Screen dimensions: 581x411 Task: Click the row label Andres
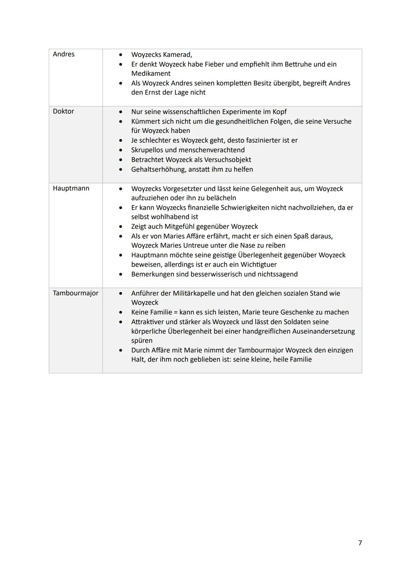click(64, 54)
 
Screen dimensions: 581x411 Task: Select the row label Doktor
click(63, 111)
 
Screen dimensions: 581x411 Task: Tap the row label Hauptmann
click(71, 188)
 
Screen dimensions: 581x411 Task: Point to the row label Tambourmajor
click(75, 293)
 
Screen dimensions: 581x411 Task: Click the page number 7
click(360, 543)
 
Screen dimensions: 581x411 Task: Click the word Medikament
click(151, 73)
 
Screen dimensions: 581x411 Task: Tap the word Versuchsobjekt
click(227, 160)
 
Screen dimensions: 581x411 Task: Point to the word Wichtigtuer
click(258, 264)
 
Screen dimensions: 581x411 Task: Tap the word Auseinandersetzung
click(323, 331)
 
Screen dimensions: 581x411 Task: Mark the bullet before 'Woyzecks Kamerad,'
click(121, 55)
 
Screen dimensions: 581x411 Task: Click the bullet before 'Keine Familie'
click(121, 312)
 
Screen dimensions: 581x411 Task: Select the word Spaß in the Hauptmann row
click(301, 236)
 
